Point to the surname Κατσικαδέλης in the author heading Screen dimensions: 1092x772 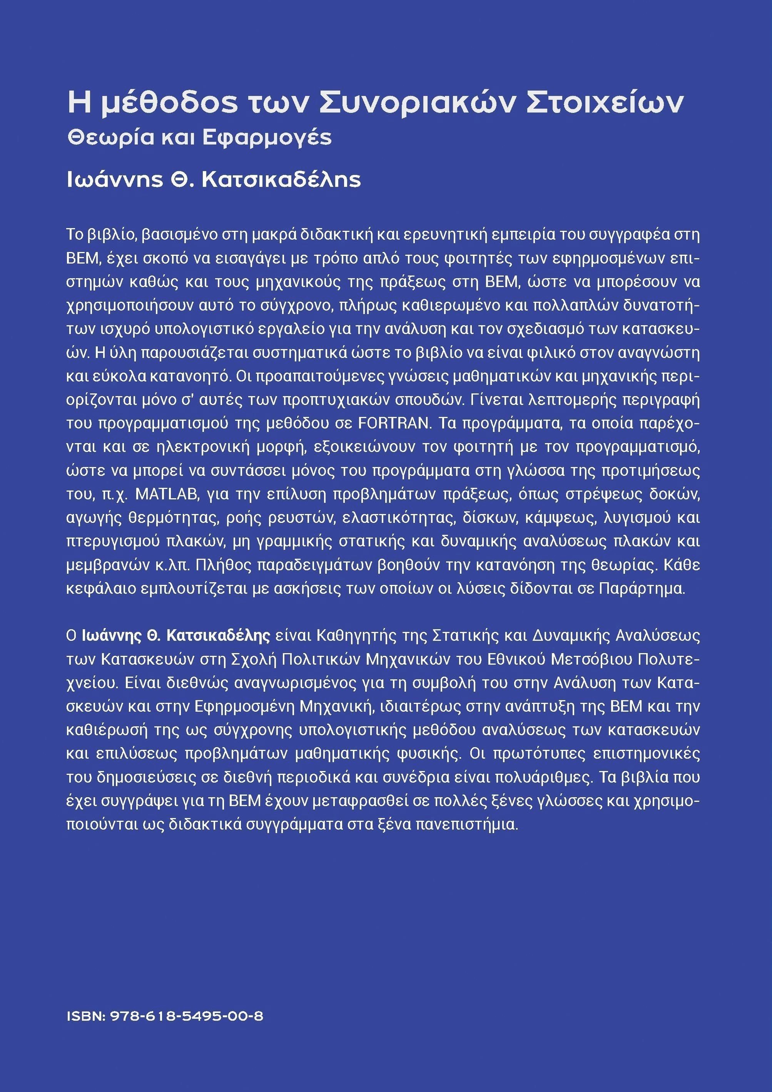click(x=281, y=180)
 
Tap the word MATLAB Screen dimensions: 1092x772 click(x=166, y=494)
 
